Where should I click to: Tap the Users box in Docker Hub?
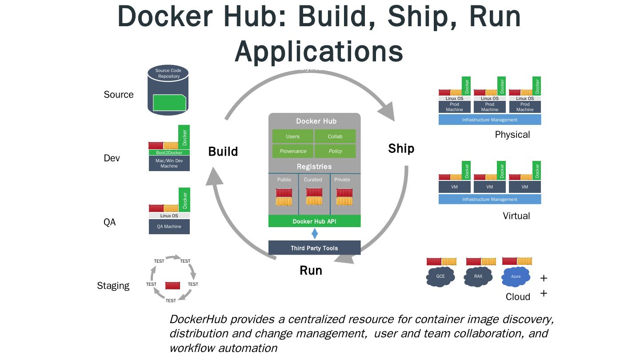pyautogui.click(x=293, y=136)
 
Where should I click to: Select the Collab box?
pyautogui.click(x=335, y=136)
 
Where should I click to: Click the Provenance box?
pyautogui.click(x=293, y=151)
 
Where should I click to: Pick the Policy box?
pyautogui.click(x=335, y=151)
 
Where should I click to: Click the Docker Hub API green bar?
pyautogui.click(x=314, y=221)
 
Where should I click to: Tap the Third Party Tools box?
pyautogui.click(x=314, y=248)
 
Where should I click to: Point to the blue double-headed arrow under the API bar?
pyautogui.click(x=315, y=234)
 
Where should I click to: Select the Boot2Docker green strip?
pyautogui.click(x=169, y=152)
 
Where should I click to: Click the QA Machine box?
pyautogui.click(x=169, y=227)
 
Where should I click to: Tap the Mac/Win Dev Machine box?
pyautogui.click(x=169, y=163)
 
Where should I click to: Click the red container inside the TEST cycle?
pyautogui.click(x=172, y=285)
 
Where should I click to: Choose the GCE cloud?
pyautogui.click(x=440, y=276)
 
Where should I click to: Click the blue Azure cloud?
pyautogui.click(x=516, y=276)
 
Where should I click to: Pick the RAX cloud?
pyautogui.click(x=478, y=276)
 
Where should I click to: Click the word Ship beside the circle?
pyautogui.click(x=401, y=148)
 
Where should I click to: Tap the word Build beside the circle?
pyautogui.click(x=223, y=152)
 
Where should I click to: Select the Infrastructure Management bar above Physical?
pyautogui.click(x=489, y=120)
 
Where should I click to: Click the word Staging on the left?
pyautogui.click(x=113, y=286)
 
